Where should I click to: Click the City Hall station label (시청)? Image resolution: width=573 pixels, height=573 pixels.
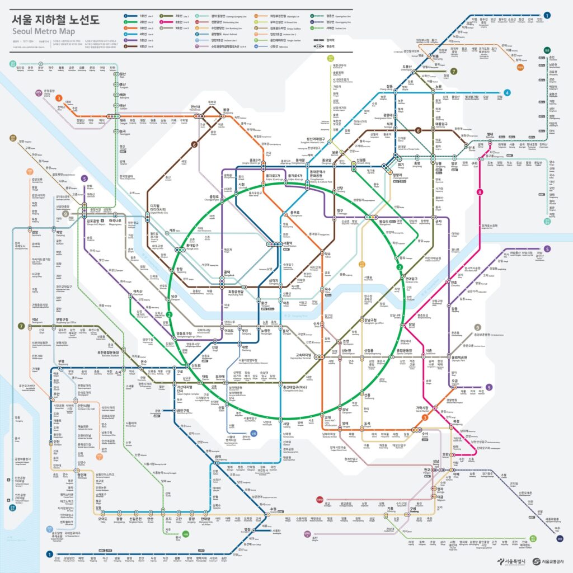click(242, 185)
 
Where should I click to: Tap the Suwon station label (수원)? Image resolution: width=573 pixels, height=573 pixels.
click(274, 509)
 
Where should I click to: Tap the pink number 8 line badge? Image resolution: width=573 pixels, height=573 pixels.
click(480, 192)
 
